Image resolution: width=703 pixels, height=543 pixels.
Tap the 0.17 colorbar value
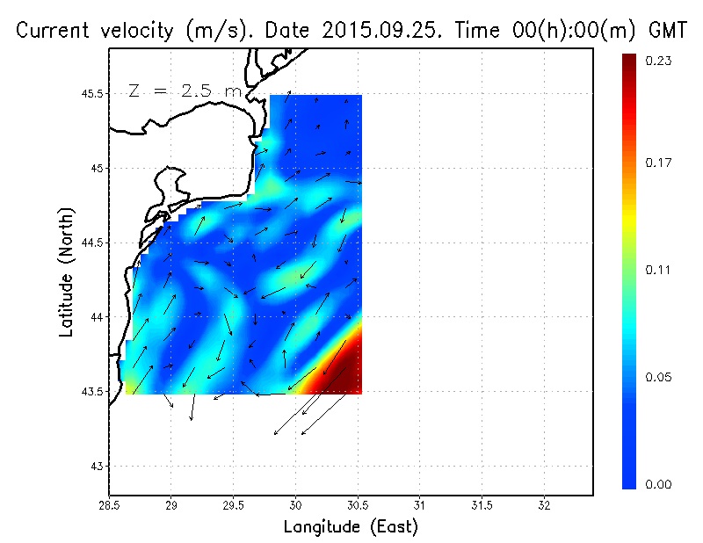tap(660, 163)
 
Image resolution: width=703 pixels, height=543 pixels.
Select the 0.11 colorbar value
tap(660, 270)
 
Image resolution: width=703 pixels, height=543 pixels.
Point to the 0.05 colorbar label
tap(660, 377)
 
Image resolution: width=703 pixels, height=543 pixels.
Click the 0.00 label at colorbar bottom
tap(660, 484)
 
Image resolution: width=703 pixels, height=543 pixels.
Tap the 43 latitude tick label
tap(96, 466)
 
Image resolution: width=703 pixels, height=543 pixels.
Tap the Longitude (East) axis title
tap(351, 526)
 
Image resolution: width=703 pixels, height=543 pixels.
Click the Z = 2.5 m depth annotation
tap(184, 90)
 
